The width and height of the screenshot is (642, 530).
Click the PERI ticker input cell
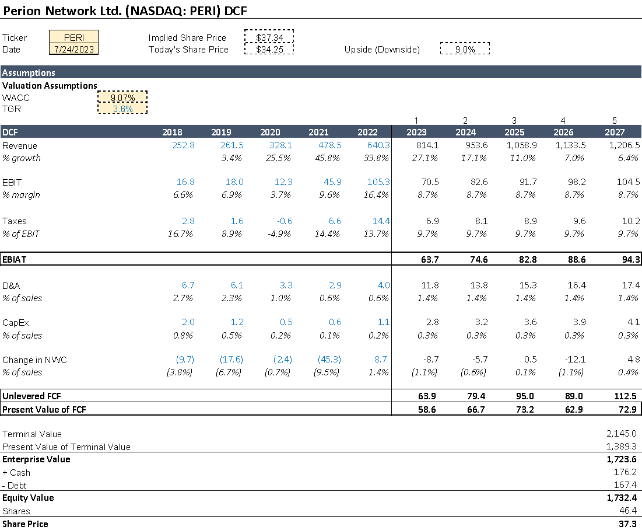click(x=74, y=37)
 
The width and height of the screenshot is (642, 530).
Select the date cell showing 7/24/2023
click(x=74, y=49)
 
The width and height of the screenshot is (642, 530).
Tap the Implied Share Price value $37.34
click(x=269, y=37)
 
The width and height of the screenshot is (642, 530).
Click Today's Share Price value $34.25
click(x=269, y=49)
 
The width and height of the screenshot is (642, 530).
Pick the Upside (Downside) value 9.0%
click(x=465, y=50)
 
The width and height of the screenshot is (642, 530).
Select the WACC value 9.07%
click(x=122, y=97)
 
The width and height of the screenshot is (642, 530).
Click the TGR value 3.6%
click(x=122, y=109)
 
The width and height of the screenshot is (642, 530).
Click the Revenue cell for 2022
click(x=378, y=145)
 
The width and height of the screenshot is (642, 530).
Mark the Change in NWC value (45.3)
click(x=329, y=360)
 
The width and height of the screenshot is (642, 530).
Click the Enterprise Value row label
click(x=36, y=459)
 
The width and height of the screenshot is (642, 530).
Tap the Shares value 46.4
click(x=629, y=511)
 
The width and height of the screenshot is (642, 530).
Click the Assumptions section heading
click(x=29, y=73)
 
